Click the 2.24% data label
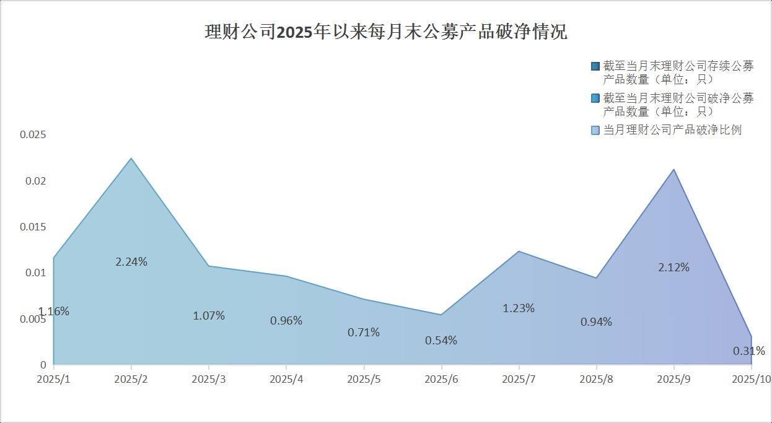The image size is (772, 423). [131, 262]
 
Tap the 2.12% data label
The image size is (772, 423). [673, 268]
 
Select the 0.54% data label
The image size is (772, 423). [441, 341]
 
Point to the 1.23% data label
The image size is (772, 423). [519, 308]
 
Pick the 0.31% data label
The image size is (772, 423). [748, 351]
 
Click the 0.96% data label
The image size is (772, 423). [286, 321]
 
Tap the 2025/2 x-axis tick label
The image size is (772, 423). [131, 379]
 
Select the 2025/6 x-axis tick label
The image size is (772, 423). [441, 379]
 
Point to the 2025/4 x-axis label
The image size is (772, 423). [286, 379]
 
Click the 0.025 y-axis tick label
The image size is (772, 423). [33, 135]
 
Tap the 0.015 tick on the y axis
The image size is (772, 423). [33, 227]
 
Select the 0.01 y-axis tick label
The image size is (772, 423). [35, 273]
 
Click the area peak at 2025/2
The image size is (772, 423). [131, 159]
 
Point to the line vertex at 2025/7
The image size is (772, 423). [519, 251]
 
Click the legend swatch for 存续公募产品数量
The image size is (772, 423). [595, 66]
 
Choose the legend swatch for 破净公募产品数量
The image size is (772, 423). [595, 98]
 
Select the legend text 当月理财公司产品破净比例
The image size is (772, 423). [672, 130]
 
